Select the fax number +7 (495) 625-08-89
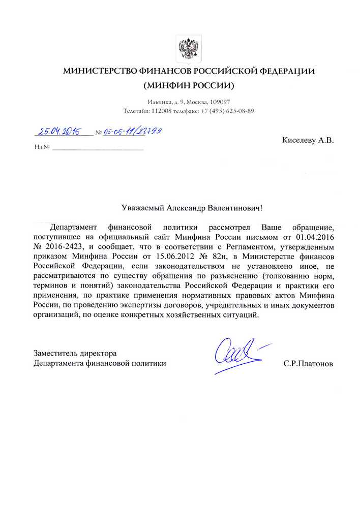pyautogui.click(x=227, y=111)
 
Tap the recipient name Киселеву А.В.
pyautogui.click(x=308, y=139)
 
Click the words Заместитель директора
pyautogui.click(x=75, y=353)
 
